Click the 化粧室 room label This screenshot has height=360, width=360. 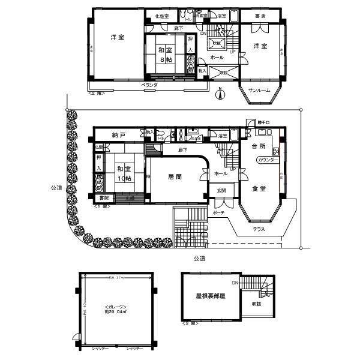point(161,16)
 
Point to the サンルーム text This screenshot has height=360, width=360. point(260,91)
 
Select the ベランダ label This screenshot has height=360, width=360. point(149,86)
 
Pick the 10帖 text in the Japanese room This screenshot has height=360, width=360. point(124,178)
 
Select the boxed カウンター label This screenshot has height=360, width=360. point(268,160)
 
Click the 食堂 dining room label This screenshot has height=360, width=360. point(259,188)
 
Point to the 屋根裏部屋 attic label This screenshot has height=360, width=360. point(209,296)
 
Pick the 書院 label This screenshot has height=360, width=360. point(104,197)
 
